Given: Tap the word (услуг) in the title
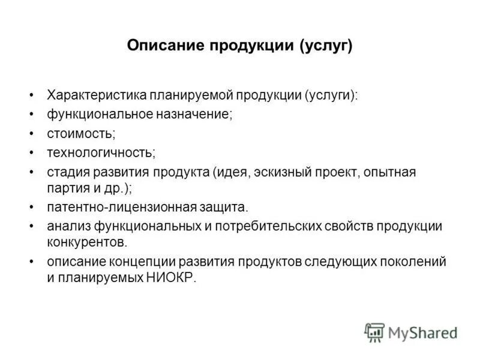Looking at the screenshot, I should click(327, 46).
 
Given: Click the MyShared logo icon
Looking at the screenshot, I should click(374, 332).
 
